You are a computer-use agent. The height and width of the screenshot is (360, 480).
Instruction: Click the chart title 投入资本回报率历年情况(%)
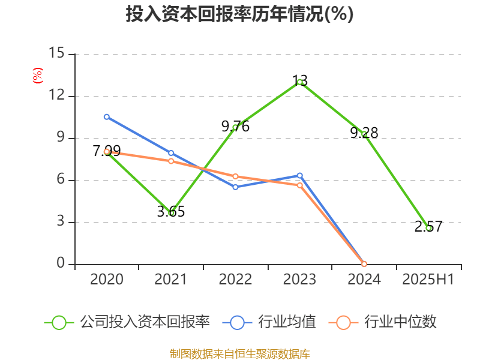pos(239,14)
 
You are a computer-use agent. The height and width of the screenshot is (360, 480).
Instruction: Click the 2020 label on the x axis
pos(107,279)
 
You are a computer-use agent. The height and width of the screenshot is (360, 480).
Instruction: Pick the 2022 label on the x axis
pos(235,279)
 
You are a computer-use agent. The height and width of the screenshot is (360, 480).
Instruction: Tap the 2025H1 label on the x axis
pos(428,279)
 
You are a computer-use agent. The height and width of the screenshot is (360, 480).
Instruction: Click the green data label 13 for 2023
pos(300,80)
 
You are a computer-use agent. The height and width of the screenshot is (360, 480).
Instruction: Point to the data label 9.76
pos(235,126)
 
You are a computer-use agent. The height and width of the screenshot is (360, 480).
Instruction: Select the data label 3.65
pos(171,211)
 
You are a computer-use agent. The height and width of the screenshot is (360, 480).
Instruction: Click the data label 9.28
pos(364,133)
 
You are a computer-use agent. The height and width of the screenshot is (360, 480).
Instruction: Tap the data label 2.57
pos(428,227)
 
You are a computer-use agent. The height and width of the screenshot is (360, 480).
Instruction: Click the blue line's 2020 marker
pos(107,117)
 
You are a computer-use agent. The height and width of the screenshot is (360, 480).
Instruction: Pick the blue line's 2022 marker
pos(235,187)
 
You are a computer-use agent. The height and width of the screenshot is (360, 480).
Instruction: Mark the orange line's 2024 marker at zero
pos(364,264)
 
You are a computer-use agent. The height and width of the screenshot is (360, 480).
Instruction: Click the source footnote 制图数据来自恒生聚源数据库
pos(239,353)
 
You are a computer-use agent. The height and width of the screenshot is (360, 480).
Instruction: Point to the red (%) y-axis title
pos(38,75)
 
